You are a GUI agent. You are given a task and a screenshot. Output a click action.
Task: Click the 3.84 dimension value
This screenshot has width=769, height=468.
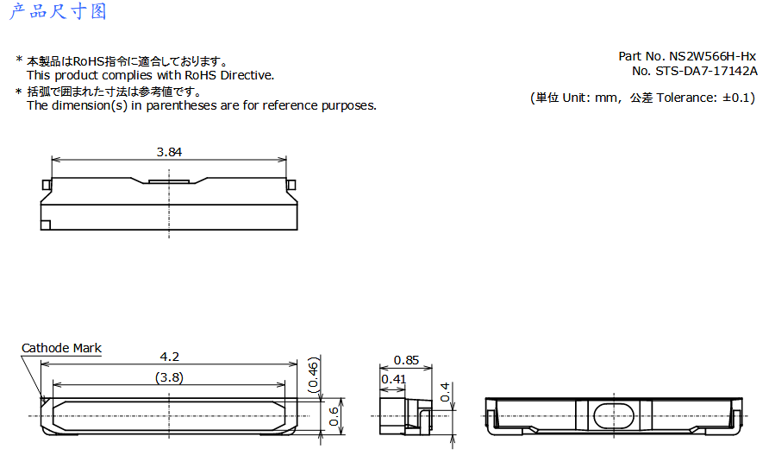pos(169,152)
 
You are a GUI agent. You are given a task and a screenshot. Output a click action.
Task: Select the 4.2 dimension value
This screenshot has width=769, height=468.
pos(170,357)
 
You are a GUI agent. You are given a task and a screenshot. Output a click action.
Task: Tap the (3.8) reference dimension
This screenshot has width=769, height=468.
pos(169,377)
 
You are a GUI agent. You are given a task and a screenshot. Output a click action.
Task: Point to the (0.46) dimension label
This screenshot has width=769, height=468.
pos(314,374)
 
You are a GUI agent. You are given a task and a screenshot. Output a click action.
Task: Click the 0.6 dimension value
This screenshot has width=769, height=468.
pos(334,416)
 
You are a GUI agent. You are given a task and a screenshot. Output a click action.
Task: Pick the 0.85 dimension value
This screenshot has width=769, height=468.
pos(406,360)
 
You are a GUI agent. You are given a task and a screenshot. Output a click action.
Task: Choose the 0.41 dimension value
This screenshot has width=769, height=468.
pos(393,379)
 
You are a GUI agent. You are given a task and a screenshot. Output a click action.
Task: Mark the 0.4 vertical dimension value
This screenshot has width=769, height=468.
pos(444,392)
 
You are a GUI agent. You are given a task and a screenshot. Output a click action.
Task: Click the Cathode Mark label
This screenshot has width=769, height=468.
pos(61,348)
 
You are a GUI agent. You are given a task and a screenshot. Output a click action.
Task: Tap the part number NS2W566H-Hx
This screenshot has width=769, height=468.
pos(713,56)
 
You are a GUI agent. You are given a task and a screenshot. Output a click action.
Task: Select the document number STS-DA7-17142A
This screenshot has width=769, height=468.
pos(706,71)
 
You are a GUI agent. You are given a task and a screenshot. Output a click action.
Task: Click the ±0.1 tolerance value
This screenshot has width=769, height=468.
pos(735,98)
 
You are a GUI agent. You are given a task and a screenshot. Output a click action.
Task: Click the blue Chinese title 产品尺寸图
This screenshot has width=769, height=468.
pos(58,11)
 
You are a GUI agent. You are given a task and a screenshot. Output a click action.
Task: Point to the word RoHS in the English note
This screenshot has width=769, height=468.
pos(201,75)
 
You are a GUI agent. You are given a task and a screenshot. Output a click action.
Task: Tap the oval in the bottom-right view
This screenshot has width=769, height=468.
pos(614,416)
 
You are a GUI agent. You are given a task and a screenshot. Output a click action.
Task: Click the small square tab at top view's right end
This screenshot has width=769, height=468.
pos(291,185)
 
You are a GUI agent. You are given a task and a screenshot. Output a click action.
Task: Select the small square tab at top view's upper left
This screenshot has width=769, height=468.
pos(47,185)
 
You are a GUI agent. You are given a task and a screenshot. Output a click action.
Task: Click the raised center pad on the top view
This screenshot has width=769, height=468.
pos(169,181)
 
